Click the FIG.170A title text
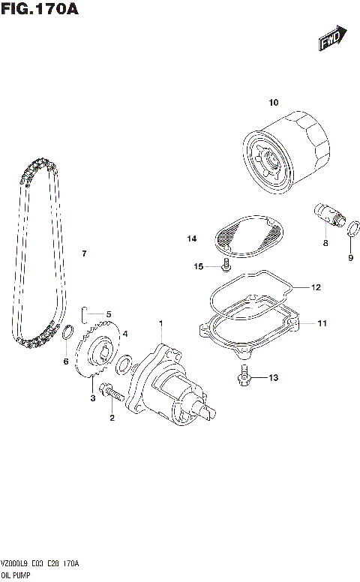click(40, 10)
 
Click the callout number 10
click(273, 102)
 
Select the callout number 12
click(316, 287)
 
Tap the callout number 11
click(322, 324)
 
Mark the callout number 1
click(160, 323)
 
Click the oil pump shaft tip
click(213, 409)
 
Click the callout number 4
click(125, 334)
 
